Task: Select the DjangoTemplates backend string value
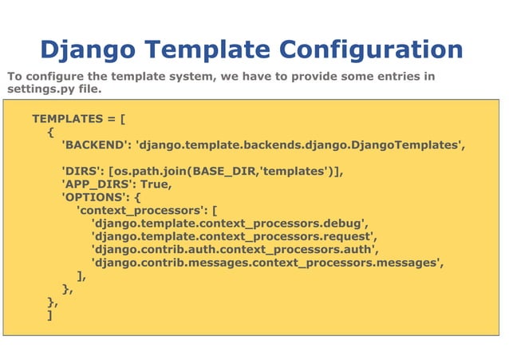pyautogui.click(x=301, y=145)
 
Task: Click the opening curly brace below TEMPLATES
pyautogui.click(x=50, y=132)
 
